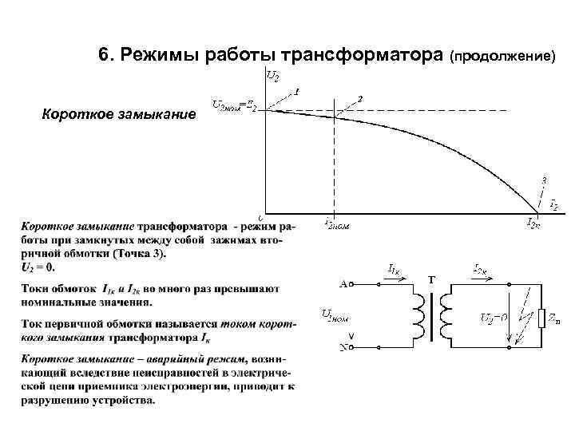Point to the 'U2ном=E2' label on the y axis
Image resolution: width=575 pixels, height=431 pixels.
[x=234, y=105]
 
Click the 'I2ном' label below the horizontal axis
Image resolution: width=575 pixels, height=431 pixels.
[x=336, y=225]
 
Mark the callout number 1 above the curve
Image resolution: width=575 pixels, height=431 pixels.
[x=296, y=90]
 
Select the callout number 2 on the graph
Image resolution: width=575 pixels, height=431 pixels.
[x=360, y=98]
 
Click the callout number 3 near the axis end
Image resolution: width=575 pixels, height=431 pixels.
[x=544, y=180]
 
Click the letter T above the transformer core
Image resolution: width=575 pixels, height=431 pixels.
[x=432, y=280]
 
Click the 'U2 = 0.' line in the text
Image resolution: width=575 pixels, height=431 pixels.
[x=38, y=267]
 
